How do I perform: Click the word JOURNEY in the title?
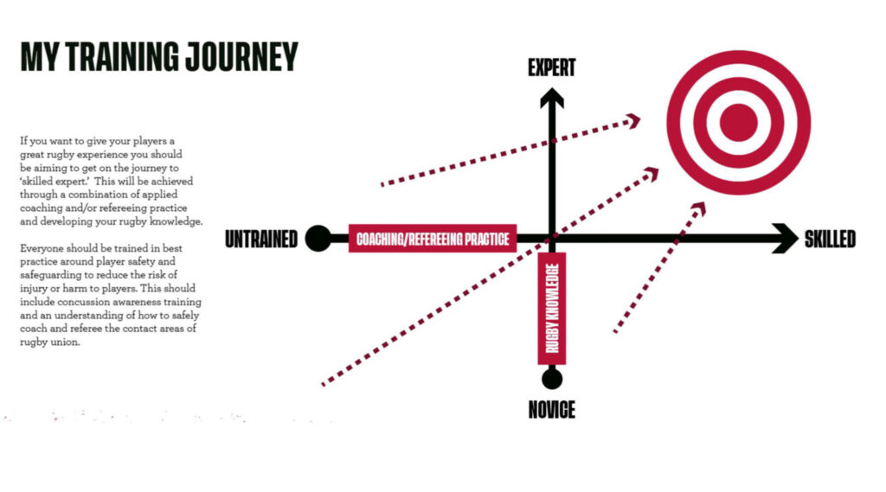(241, 56)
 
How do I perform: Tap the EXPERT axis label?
(551, 68)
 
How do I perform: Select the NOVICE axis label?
(551, 410)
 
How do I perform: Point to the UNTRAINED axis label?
(261, 240)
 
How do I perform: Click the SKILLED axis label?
(830, 239)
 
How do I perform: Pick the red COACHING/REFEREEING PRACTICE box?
(433, 239)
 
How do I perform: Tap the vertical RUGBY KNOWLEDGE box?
(552, 309)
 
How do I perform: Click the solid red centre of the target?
(739, 123)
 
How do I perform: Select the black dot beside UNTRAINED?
(318, 239)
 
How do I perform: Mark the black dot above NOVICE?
(552, 378)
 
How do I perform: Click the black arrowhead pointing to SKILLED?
(786, 239)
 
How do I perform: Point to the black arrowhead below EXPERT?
(552, 98)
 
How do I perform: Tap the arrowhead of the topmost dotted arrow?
(633, 120)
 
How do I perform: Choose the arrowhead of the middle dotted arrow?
(652, 174)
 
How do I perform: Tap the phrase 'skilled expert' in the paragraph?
(55, 182)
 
